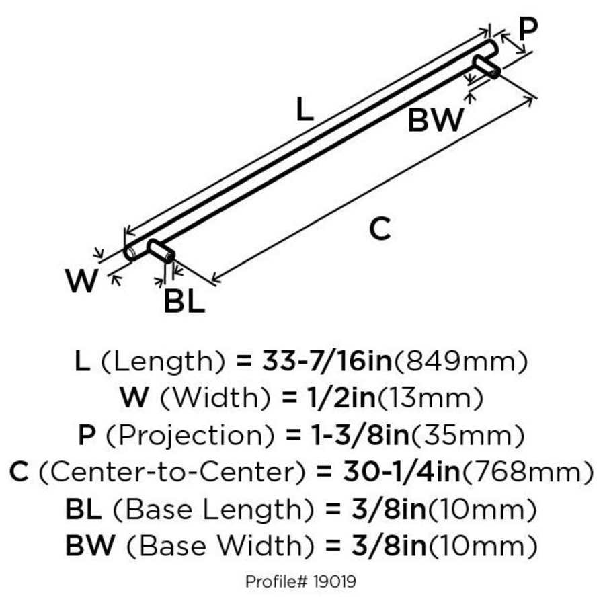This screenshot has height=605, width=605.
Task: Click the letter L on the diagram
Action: (x=305, y=109)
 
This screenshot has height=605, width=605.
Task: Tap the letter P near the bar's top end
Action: (x=529, y=29)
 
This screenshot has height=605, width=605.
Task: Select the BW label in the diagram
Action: (x=436, y=121)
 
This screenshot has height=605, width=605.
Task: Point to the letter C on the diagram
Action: (x=380, y=230)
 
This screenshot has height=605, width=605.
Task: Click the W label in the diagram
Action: (x=82, y=282)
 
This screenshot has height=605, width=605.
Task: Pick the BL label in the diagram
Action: (x=184, y=302)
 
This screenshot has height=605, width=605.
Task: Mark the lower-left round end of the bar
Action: (x=130, y=253)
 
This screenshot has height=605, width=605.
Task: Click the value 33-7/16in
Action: (x=323, y=362)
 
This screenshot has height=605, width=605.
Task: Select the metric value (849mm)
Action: (x=460, y=362)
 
